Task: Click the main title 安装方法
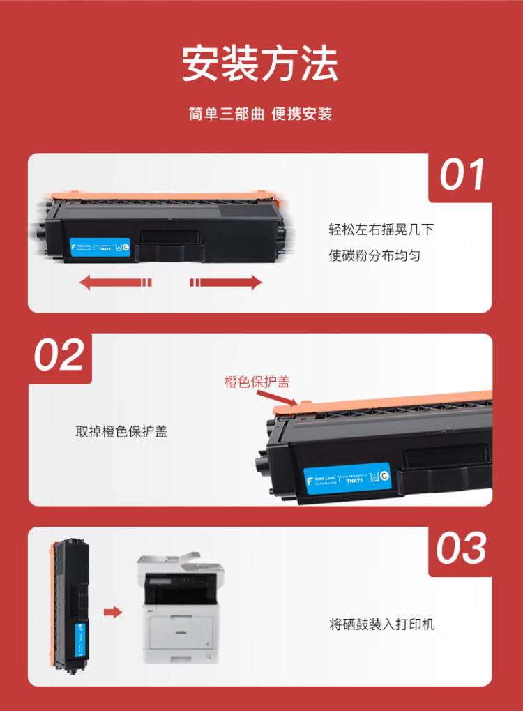pos(260,65)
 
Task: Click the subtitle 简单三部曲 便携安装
pos(260,114)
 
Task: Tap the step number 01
pos(462,175)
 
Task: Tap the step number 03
pos(461,548)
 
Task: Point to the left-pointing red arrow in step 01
pos(115,282)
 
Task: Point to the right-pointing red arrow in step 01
pos(226,282)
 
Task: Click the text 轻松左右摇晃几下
pos(375,230)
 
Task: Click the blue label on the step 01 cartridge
pos(100,247)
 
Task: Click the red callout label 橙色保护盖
pos(257,382)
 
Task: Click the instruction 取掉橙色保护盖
pos(121,432)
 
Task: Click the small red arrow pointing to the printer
pos(112,612)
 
